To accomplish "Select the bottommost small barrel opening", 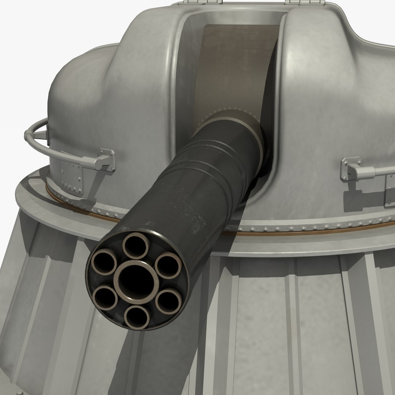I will pos(136,316).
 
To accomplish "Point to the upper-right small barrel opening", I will pos(168,266).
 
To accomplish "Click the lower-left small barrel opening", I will pos(106,298).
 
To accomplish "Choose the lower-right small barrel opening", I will pos(168,301).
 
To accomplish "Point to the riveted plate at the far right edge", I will pos(390,190).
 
